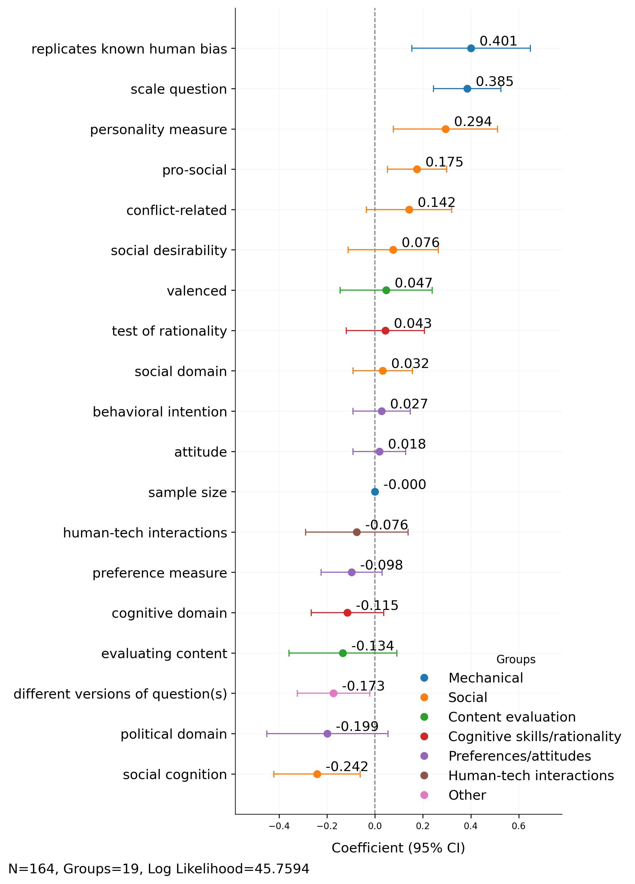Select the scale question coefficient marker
[467, 89]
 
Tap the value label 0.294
[473, 122]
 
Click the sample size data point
[375, 492]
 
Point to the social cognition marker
[317, 774]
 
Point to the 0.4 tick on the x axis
[470, 826]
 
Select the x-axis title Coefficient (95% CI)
[398, 848]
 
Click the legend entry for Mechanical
[485, 678]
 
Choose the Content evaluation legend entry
[511, 717]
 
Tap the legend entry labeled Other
[467, 795]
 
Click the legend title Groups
[515, 659]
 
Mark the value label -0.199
[357, 726]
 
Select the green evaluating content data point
[343, 653]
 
